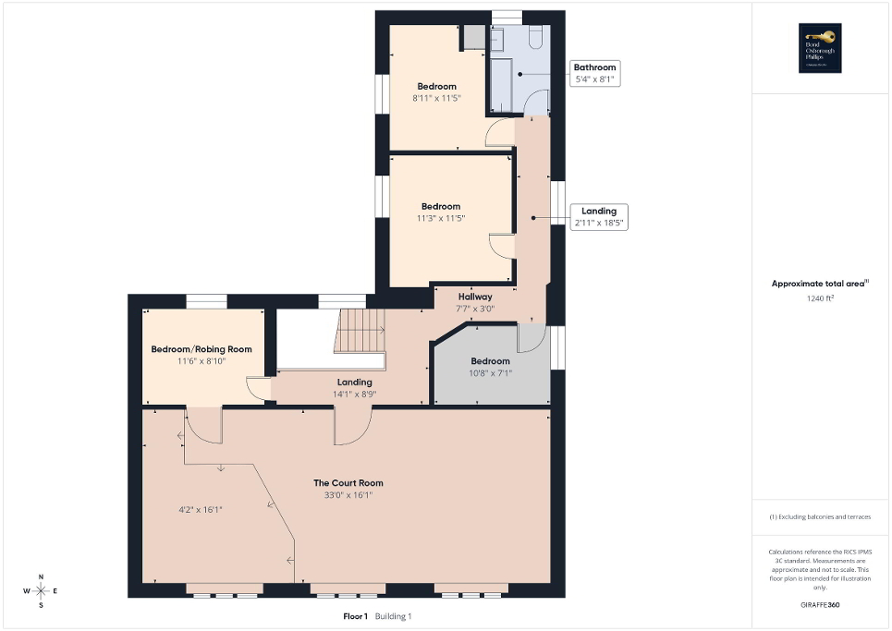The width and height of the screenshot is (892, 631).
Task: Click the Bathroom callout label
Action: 594,74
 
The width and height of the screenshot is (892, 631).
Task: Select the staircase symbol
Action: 360,329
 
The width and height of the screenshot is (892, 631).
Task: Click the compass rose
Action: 41,590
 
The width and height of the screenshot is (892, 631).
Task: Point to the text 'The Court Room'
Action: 348,483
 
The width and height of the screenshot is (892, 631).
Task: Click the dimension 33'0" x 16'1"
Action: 348,495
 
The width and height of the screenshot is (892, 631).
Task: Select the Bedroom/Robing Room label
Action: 202,349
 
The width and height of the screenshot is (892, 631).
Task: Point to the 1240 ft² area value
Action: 821,298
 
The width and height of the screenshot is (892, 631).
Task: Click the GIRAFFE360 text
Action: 821,605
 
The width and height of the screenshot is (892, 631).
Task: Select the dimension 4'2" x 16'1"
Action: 201,509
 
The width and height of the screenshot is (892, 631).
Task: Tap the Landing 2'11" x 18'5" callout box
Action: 598,217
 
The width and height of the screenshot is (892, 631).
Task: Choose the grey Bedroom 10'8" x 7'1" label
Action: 490,367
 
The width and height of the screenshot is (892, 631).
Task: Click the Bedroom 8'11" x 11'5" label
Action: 436,91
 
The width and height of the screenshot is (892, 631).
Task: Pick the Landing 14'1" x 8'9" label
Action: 354,387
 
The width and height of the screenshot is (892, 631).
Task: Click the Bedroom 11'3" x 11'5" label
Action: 441,212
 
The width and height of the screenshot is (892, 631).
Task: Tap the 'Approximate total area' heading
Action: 819,285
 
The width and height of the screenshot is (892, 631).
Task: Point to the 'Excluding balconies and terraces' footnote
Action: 821,516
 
